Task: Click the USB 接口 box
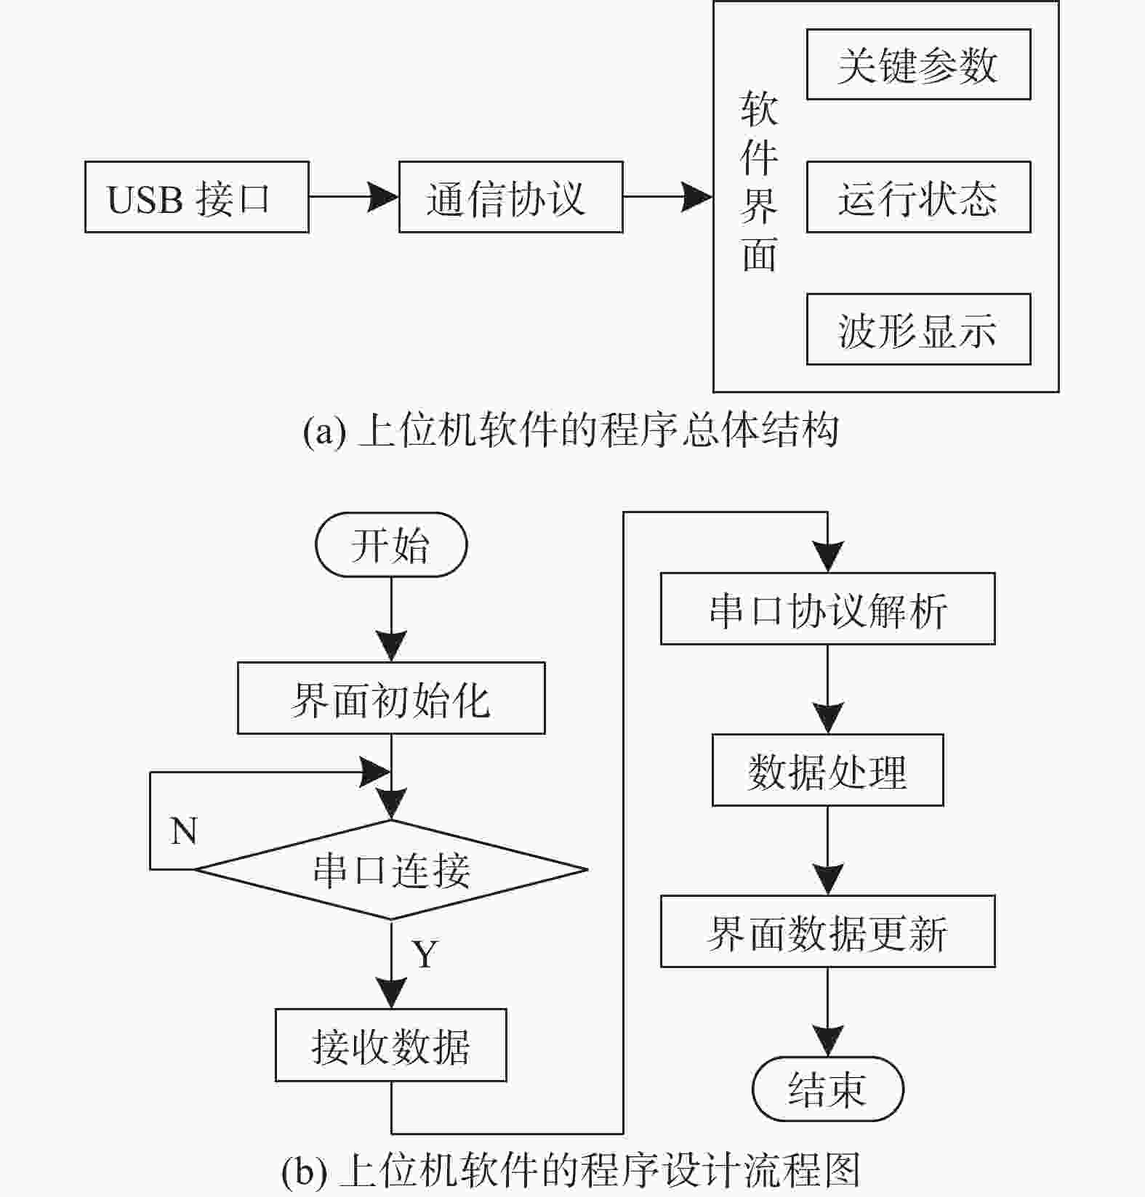click(x=197, y=197)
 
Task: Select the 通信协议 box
click(x=511, y=197)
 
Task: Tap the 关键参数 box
click(x=919, y=65)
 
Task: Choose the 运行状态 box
click(x=919, y=197)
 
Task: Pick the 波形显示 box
click(x=919, y=329)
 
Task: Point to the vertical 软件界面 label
click(x=759, y=182)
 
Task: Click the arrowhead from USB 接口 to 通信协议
click(x=383, y=197)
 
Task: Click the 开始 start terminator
click(x=391, y=545)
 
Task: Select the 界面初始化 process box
click(x=391, y=698)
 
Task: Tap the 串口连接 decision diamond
click(x=391, y=870)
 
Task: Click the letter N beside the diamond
click(x=184, y=831)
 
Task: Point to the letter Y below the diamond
click(x=425, y=954)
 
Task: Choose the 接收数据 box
click(x=391, y=1046)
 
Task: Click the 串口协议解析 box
click(x=828, y=609)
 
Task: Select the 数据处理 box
click(x=828, y=770)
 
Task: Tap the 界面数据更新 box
click(x=828, y=932)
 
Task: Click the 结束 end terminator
click(x=828, y=1089)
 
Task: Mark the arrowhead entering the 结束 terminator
click(x=828, y=1041)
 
